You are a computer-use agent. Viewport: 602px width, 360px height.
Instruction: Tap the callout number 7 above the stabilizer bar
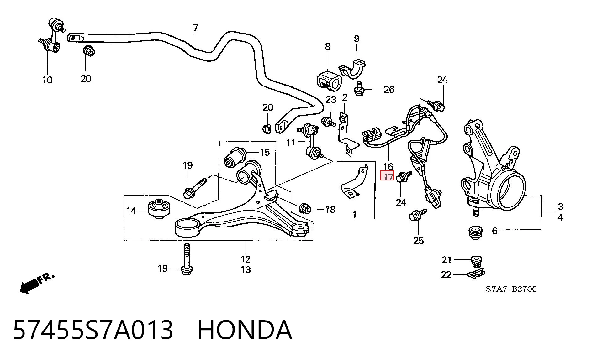[196, 28]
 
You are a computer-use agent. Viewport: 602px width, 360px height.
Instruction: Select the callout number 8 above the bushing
[327, 47]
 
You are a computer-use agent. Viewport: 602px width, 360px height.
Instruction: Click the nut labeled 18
[305, 208]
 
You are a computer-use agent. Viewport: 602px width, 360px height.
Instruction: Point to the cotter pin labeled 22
[476, 275]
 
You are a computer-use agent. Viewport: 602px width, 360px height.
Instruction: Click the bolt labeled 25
[418, 215]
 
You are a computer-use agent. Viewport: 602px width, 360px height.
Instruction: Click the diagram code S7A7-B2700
[511, 289]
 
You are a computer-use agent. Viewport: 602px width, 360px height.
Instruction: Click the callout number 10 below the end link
[47, 80]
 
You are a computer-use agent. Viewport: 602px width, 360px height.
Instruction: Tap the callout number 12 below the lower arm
[246, 259]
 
